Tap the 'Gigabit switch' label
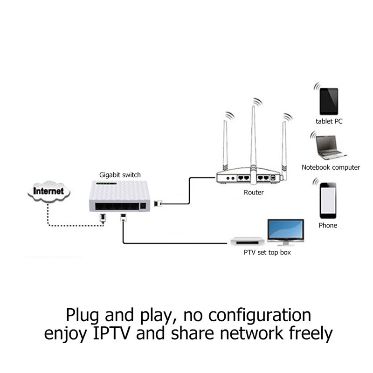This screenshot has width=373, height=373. coord(120,175)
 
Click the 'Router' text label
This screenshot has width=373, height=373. coord(254,192)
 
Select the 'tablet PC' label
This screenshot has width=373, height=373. coord(329,121)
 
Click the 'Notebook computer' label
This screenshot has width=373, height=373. coord(331,167)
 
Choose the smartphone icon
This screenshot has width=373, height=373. coord(328,199)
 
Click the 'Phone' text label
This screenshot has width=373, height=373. coord(328,225)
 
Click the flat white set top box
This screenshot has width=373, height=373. coord(247,241)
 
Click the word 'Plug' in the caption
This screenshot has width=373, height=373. coord(85,315)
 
